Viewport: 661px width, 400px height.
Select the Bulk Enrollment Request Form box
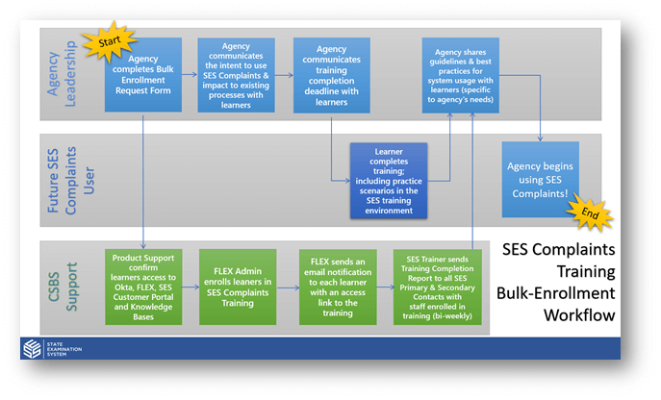click(142, 74)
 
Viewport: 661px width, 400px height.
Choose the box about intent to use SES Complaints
click(236, 74)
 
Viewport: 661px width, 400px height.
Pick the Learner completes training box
click(388, 180)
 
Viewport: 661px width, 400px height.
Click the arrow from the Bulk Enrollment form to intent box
click(189, 69)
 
